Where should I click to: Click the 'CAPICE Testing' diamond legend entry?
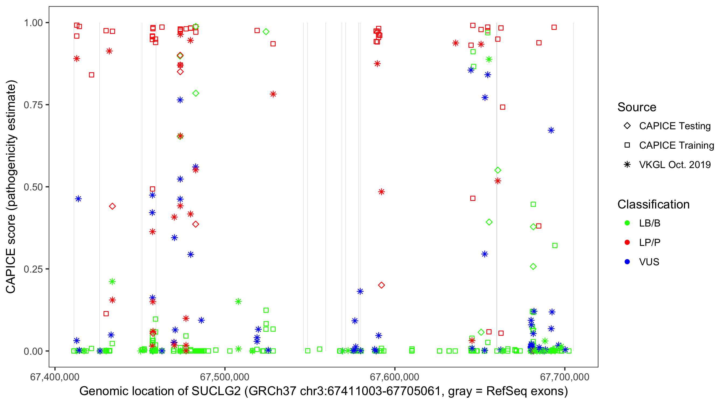tap(627, 126)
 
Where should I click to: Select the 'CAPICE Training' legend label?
tap(676, 145)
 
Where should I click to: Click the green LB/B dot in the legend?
tap(627, 223)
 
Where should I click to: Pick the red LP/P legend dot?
tap(627, 242)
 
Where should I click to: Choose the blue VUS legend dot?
tap(627, 262)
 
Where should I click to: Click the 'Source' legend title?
tap(637, 107)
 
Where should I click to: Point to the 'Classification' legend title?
tap(653, 204)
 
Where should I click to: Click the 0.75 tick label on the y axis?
tap(33, 105)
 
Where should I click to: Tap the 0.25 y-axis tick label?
tap(33, 269)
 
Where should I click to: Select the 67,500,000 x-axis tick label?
tap(225, 377)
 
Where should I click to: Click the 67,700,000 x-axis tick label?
tap(564, 377)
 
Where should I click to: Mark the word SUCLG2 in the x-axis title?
tap(216, 391)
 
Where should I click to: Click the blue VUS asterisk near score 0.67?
tap(551, 130)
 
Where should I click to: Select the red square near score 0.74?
tap(502, 107)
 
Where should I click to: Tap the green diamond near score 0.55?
tap(498, 170)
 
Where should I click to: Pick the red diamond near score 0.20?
tap(381, 285)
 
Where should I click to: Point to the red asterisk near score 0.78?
tap(273, 94)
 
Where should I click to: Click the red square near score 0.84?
tap(92, 75)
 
